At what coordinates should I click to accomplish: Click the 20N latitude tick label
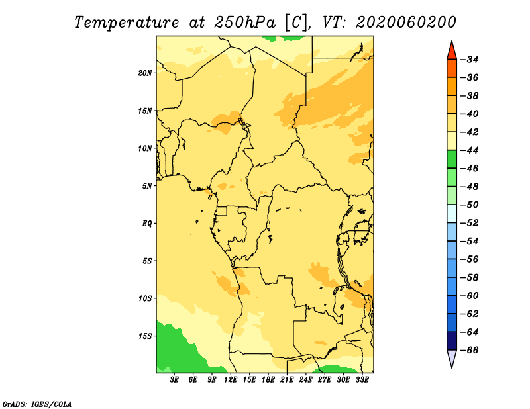point(145,73)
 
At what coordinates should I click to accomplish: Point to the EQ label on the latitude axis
point(146,224)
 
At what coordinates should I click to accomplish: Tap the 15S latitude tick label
point(145,336)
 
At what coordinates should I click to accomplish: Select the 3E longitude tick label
point(174,380)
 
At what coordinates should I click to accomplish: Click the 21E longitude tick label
point(287,380)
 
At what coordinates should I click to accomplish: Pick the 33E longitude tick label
point(362,380)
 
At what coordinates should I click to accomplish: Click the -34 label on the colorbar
point(470,60)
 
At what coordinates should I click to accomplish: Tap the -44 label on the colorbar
point(470,150)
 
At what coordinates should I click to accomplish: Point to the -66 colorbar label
point(470,350)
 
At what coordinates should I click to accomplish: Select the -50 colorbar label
point(470,204)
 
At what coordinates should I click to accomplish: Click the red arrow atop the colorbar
point(452,51)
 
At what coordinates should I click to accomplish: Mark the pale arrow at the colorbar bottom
point(452,359)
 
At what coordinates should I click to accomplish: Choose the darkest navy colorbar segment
point(452,341)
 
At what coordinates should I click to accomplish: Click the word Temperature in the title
point(127,23)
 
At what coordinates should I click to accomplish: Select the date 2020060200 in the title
point(406,23)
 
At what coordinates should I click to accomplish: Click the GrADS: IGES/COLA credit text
point(37,404)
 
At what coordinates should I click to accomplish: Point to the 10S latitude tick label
point(145,298)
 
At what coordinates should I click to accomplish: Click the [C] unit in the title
point(296,23)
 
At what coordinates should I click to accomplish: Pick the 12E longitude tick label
point(231,380)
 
